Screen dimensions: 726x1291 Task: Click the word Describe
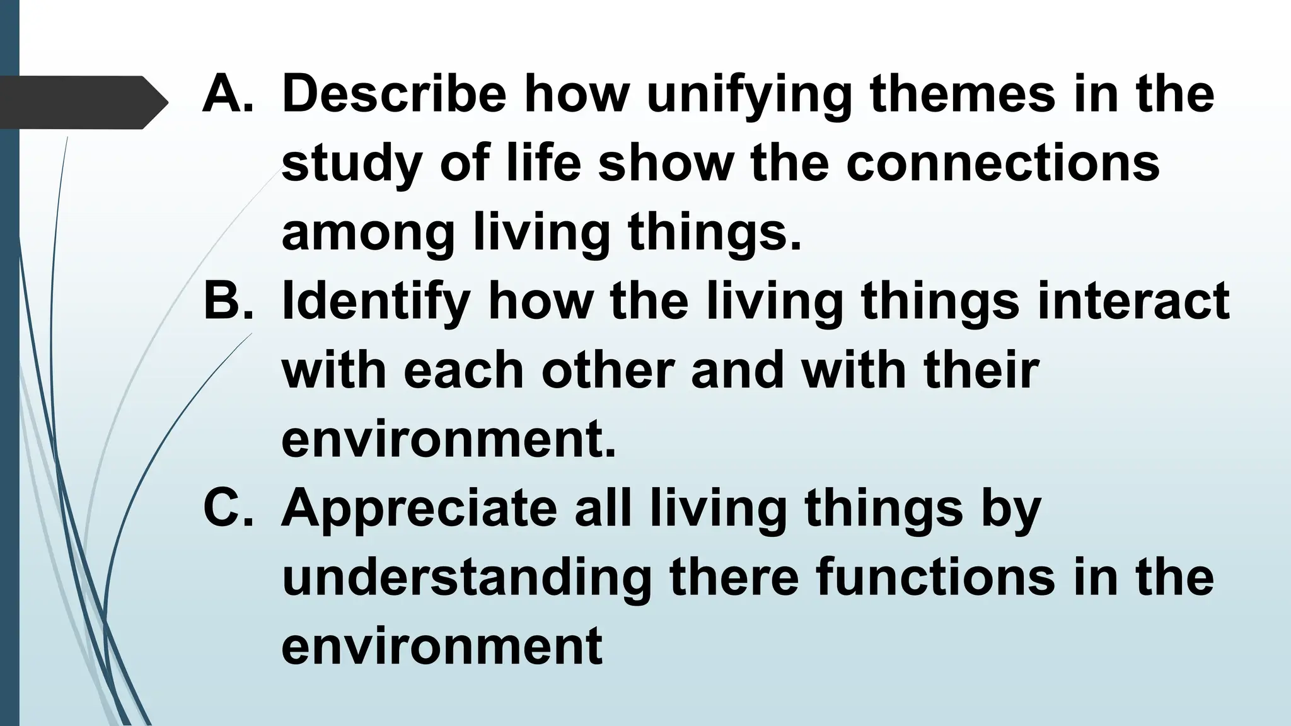click(394, 95)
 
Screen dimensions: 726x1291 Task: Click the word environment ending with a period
click(448, 439)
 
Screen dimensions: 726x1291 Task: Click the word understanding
click(466, 579)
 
